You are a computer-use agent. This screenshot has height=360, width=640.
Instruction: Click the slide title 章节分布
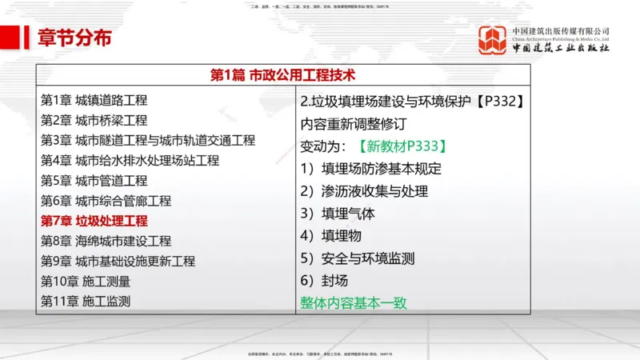74,38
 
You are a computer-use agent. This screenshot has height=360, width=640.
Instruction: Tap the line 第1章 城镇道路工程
94,100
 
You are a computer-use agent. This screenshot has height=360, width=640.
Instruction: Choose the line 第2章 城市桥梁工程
94,120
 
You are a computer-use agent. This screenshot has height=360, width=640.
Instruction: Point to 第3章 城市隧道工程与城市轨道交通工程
148,140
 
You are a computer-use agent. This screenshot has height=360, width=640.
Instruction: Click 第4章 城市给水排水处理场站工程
130,160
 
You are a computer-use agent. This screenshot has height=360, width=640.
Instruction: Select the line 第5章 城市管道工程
94,180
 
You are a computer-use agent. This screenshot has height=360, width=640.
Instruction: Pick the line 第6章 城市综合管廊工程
106,201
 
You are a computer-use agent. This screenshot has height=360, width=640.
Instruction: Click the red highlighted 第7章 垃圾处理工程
94,221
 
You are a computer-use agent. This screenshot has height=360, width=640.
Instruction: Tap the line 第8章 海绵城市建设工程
106,241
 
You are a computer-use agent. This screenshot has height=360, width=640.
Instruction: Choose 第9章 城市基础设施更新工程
118,261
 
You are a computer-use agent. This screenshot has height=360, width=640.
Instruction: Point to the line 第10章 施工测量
85,281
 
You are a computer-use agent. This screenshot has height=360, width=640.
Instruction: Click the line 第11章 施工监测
85,301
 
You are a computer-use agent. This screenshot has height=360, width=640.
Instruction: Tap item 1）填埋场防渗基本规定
370,169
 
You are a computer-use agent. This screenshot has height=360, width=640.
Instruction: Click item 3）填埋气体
337,214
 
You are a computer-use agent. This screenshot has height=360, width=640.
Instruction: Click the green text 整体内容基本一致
353,303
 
